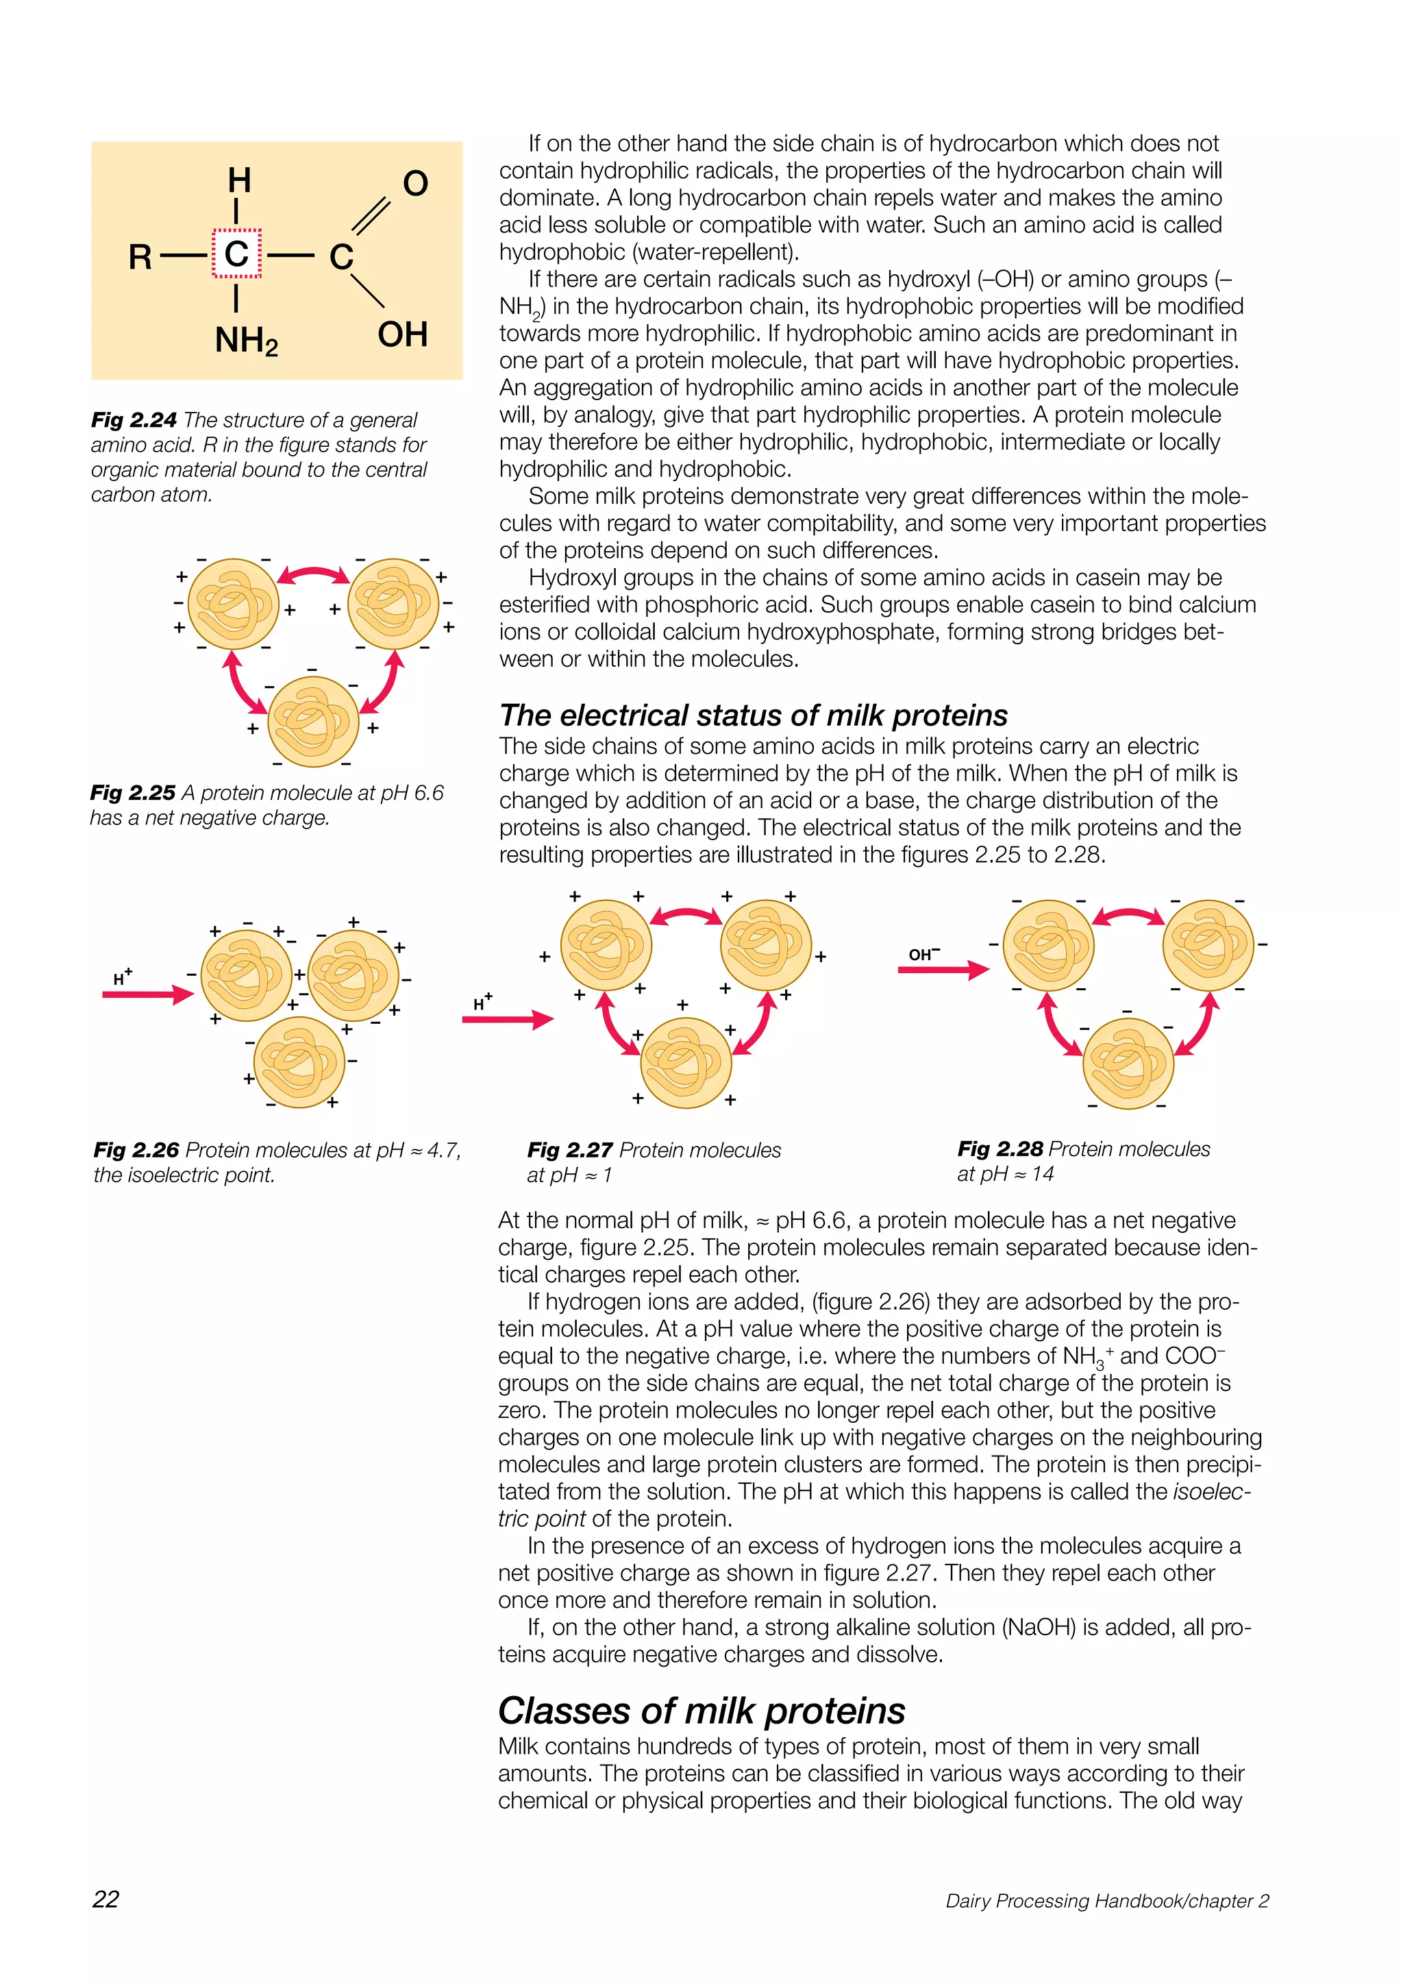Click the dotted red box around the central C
[237, 253]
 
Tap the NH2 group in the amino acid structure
[246, 341]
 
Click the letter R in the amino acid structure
[140, 256]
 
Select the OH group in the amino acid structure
[403, 334]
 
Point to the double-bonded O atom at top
[416, 183]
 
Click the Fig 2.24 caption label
[134, 420]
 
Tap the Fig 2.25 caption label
[133, 792]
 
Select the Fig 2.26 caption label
[136, 1150]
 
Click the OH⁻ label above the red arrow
[923, 954]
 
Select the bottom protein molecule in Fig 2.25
[313, 722]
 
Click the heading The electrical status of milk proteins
[754, 715]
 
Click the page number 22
[105, 1898]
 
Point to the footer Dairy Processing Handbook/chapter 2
[1106, 1900]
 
